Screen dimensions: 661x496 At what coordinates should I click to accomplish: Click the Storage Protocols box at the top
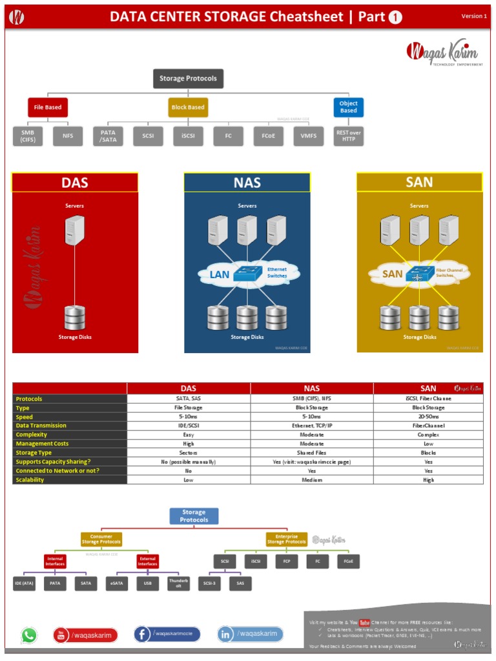coord(188,79)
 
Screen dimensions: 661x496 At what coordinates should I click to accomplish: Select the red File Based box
coord(48,107)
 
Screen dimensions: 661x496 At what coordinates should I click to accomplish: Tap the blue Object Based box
coord(348,107)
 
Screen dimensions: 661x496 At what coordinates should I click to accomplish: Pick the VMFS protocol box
coord(308,136)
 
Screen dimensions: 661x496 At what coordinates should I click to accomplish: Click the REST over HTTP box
coord(348,136)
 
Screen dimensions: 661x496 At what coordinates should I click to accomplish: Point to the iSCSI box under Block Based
coord(188,136)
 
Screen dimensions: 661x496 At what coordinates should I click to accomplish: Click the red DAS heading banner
coord(75,183)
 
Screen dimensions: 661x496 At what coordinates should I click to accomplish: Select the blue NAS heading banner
coord(247,183)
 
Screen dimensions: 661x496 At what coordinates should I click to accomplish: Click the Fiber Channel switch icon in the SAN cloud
coord(418,274)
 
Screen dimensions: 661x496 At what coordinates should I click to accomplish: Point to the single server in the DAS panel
coord(74,230)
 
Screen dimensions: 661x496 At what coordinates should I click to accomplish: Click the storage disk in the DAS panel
coord(74,318)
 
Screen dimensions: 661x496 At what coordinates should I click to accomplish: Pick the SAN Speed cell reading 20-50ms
coord(428,416)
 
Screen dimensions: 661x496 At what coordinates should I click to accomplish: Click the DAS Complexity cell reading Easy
coord(189,434)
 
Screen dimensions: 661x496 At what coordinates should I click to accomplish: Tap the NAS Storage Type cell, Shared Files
coord(312,453)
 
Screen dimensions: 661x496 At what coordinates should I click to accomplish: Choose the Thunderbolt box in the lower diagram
coord(178,583)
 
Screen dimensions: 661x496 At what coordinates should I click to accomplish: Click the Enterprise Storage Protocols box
coord(287,539)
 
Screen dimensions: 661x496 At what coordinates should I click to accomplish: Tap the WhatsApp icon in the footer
coord(29,635)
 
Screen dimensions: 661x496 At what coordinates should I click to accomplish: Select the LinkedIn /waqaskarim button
coord(250,635)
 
